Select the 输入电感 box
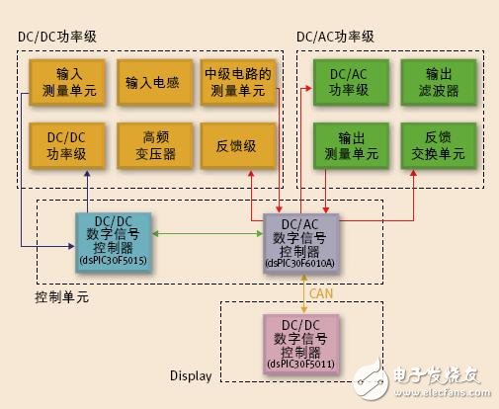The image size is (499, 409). (x=152, y=81)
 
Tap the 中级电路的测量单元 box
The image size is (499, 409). (x=236, y=81)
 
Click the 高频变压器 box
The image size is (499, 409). (x=152, y=145)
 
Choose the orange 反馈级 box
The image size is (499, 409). (x=236, y=145)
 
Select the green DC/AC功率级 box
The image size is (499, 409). (x=348, y=81)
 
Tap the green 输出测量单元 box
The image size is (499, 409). (x=348, y=145)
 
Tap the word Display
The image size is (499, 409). (x=192, y=375)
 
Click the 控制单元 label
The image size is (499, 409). (x=61, y=296)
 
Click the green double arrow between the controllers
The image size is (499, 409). (x=208, y=233)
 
